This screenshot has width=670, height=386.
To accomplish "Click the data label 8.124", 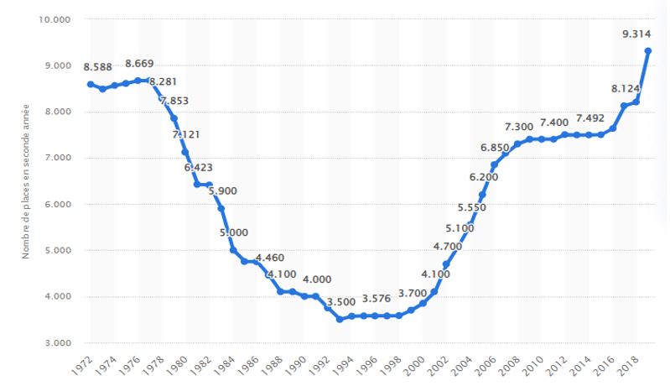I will pos(603,87).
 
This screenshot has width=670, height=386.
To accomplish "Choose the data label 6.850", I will pos(496,149).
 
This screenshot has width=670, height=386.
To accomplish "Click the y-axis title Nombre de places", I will pos(28,180).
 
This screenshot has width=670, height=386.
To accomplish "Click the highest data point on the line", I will pos(648,51).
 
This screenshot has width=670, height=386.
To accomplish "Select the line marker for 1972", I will pos(90,84).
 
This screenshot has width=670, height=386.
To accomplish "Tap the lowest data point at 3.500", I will pos(340,319).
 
